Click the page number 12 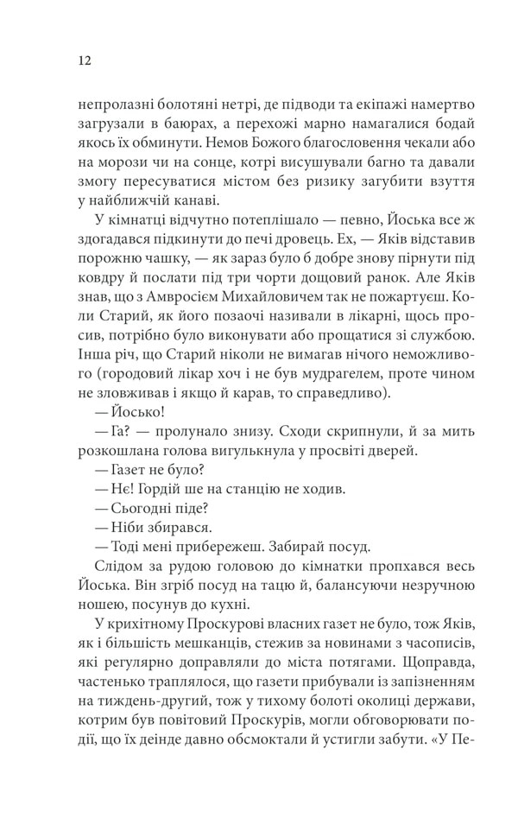click(84, 60)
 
